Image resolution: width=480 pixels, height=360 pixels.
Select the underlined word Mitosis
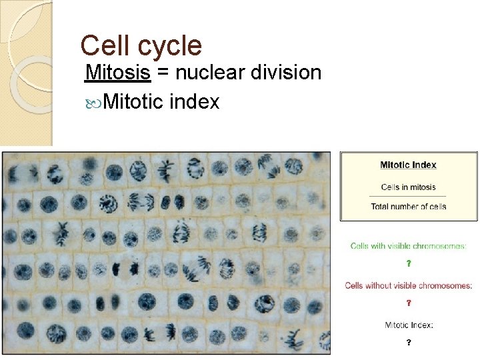[x=118, y=72]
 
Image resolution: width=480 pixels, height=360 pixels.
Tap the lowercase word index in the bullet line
[x=195, y=102]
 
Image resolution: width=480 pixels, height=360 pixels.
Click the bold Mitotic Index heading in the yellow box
[x=408, y=165]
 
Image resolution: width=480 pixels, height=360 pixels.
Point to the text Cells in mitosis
[x=408, y=187]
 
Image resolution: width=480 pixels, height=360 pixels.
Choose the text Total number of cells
[x=408, y=207]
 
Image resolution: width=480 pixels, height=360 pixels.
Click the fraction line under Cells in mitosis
[x=408, y=197]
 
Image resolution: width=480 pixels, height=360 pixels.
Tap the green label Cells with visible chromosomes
[x=408, y=246]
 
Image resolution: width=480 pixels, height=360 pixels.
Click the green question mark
[x=409, y=263]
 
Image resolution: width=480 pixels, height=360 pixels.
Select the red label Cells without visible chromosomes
[x=408, y=285]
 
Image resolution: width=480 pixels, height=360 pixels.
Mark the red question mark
[x=409, y=303]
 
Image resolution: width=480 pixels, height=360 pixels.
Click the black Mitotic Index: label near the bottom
[x=409, y=325]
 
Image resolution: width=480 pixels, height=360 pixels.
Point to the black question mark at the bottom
[x=409, y=343]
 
